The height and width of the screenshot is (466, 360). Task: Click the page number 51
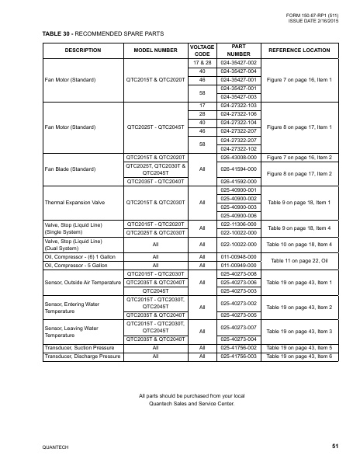pos(334,446)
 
